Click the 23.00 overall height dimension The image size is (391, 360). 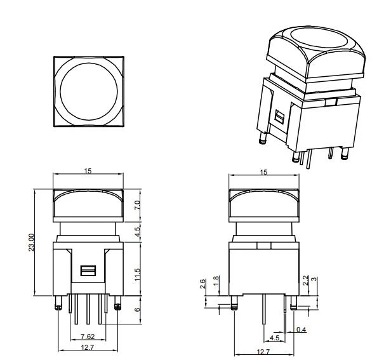32,243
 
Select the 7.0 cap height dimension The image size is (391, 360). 137,205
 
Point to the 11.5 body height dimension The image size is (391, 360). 137,275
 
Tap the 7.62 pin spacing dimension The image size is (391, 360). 88,337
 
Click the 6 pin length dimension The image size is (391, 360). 137,310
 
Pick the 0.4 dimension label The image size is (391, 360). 302,330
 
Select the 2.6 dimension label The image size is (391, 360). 202,284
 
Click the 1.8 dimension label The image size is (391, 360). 216,281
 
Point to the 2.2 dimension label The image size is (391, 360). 306,280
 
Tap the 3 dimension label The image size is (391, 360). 315,279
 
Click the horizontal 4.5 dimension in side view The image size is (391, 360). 275,338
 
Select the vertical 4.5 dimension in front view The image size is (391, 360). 137,232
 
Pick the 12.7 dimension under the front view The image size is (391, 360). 88,347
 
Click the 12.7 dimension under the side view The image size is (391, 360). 263,352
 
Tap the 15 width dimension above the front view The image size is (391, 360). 88,171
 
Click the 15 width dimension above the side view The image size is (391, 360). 263,172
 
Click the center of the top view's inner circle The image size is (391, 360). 89,91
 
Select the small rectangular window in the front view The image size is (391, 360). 88,270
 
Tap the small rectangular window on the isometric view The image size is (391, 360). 279,117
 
